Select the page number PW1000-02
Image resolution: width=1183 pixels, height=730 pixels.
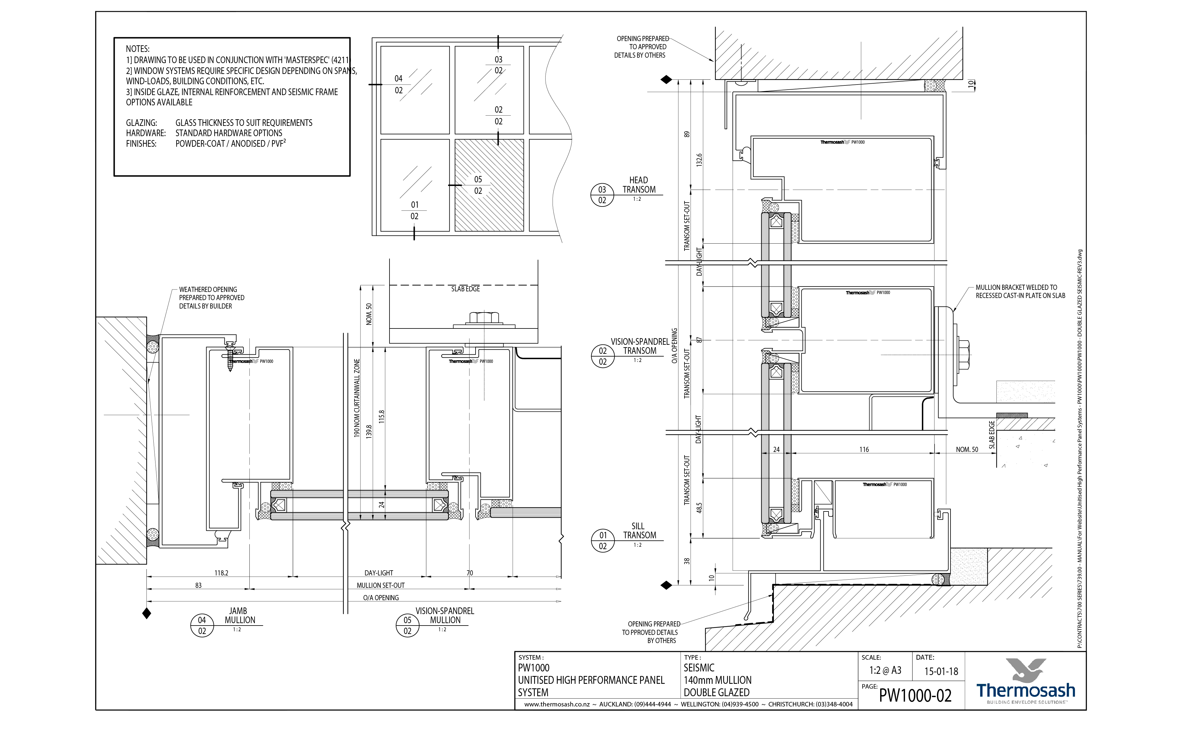click(915, 695)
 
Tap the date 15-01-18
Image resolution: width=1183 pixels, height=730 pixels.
click(941, 671)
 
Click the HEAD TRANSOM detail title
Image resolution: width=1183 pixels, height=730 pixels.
click(638, 185)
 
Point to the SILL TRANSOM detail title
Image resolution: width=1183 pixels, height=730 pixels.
click(639, 531)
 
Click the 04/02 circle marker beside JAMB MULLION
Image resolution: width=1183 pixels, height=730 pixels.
click(202, 625)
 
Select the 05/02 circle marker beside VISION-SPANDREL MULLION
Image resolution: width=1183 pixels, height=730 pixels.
click(407, 625)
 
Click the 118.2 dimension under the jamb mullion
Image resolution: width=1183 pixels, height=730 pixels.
click(221, 573)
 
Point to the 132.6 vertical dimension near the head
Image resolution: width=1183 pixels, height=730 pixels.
click(699, 160)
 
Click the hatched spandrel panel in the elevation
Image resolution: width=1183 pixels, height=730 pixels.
click(489, 185)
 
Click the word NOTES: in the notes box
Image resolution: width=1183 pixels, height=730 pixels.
click(138, 49)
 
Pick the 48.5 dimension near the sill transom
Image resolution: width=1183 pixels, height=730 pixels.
click(699, 507)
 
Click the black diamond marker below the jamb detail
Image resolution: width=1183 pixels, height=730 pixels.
click(147, 614)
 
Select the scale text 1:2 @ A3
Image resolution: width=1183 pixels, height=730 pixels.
click(885, 670)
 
